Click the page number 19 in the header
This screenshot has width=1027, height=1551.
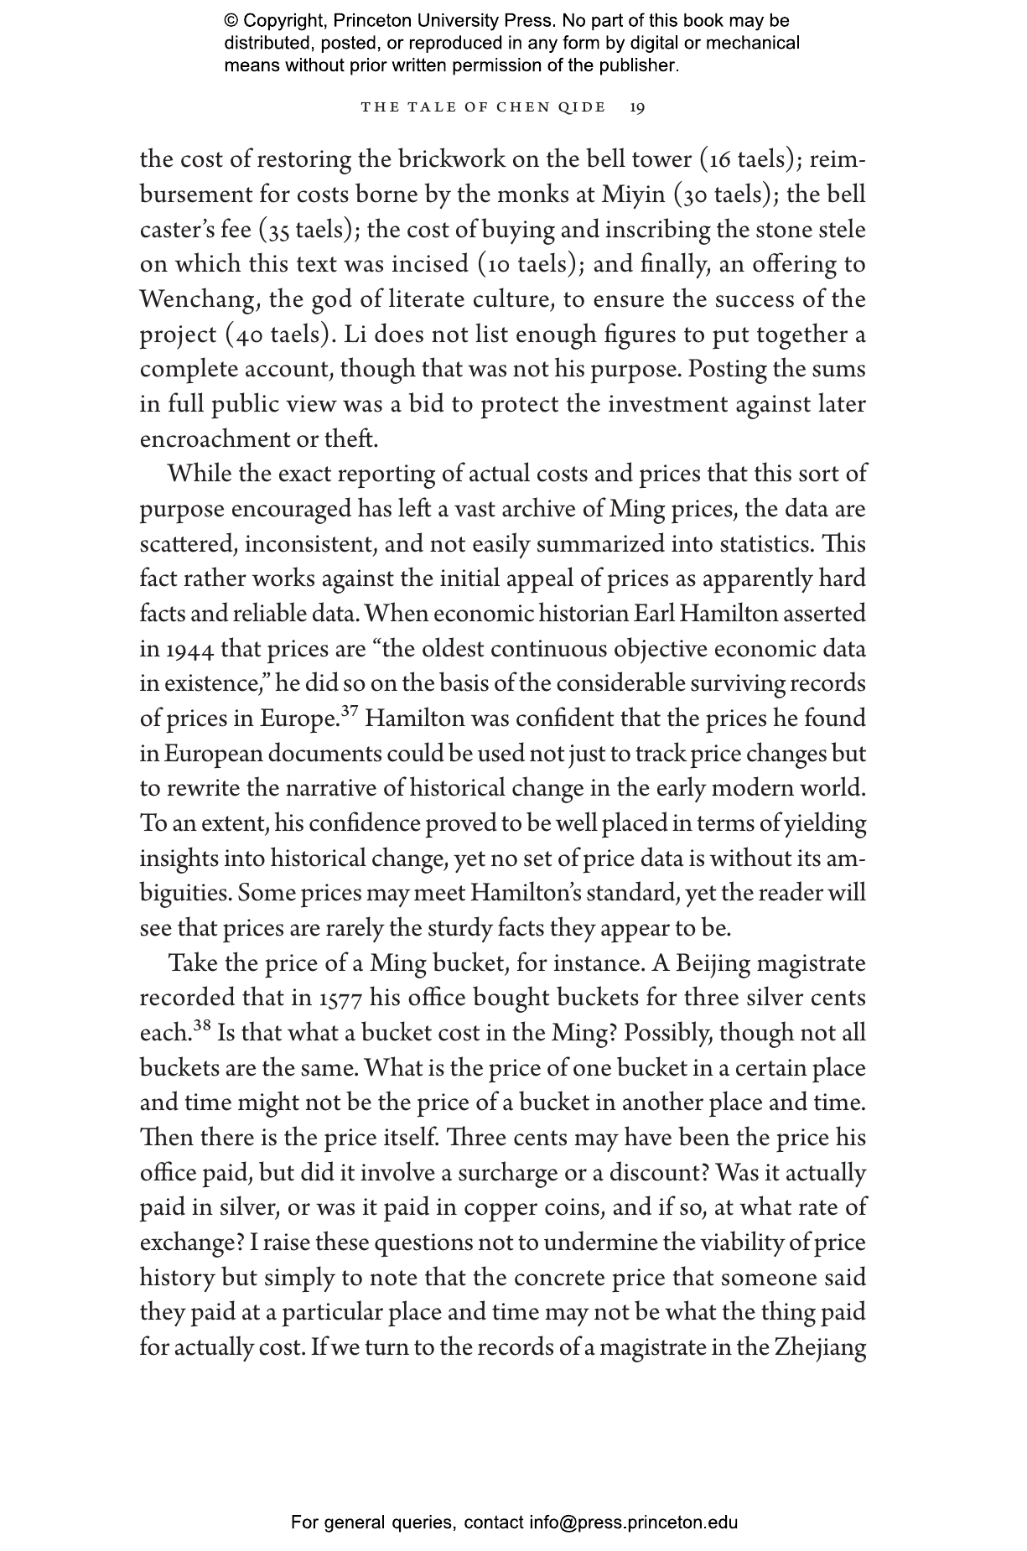(637, 107)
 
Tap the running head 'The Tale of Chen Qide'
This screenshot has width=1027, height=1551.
(483, 107)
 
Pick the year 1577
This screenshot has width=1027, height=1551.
(340, 999)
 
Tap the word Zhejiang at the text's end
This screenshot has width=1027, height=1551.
(819, 1348)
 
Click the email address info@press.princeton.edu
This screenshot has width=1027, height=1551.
(633, 1522)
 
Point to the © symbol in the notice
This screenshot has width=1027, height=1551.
(231, 21)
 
